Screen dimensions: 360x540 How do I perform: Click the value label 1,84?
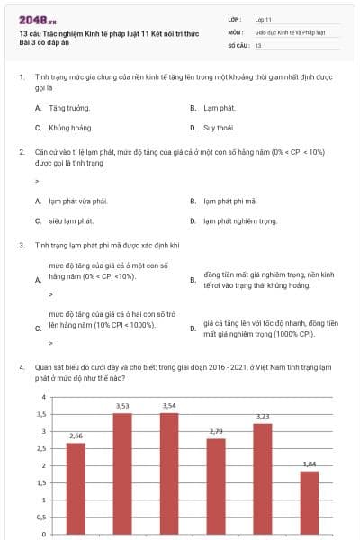[310, 463]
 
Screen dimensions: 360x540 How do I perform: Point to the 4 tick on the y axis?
[43, 397]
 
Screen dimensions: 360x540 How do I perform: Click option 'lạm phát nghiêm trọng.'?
[238, 220]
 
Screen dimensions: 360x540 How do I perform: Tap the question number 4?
[21, 367]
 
